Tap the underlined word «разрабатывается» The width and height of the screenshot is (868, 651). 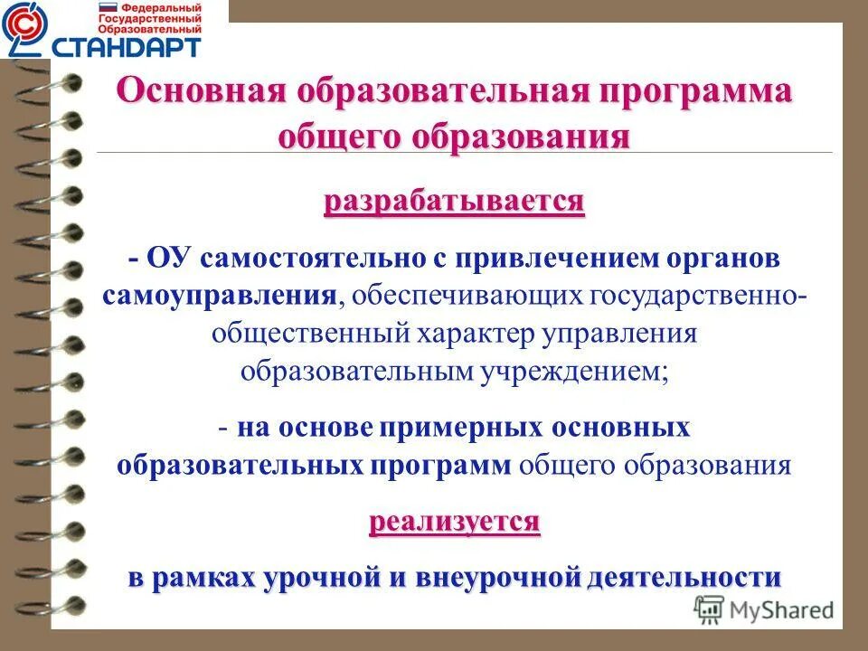[x=455, y=200]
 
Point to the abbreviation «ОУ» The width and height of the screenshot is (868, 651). [x=169, y=259]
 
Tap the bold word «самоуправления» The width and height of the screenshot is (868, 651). [x=222, y=295]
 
